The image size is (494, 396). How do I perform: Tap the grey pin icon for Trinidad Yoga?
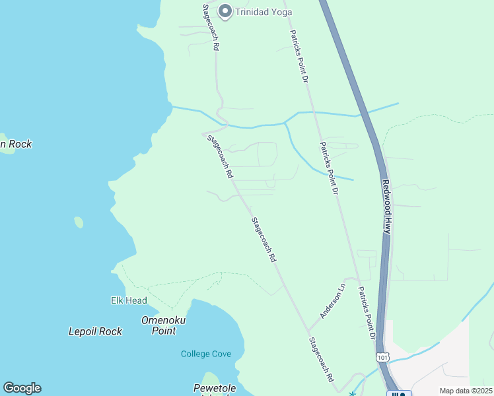coord(225,11)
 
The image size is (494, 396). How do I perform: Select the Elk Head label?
coord(129,300)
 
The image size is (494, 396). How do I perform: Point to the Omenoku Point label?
coord(163,325)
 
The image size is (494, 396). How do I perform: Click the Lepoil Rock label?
coord(95,331)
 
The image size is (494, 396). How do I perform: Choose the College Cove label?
coord(206,354)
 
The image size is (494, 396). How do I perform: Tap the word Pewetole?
coord(215,387)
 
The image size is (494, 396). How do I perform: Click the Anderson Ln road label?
coord(333,301)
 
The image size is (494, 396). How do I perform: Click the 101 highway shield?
coord(382,356)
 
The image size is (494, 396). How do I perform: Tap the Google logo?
coord(22,388)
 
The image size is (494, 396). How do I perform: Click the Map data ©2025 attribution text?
coord(466,391)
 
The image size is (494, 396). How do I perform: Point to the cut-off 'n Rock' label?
coord(16,144)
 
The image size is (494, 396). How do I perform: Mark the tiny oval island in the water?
coord(79,222)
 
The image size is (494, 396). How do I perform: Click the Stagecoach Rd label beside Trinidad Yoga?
coord(211,28)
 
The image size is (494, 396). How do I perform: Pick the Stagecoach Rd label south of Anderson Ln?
coord(322,360)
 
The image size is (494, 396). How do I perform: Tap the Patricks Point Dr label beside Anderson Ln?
coord(367,313)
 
